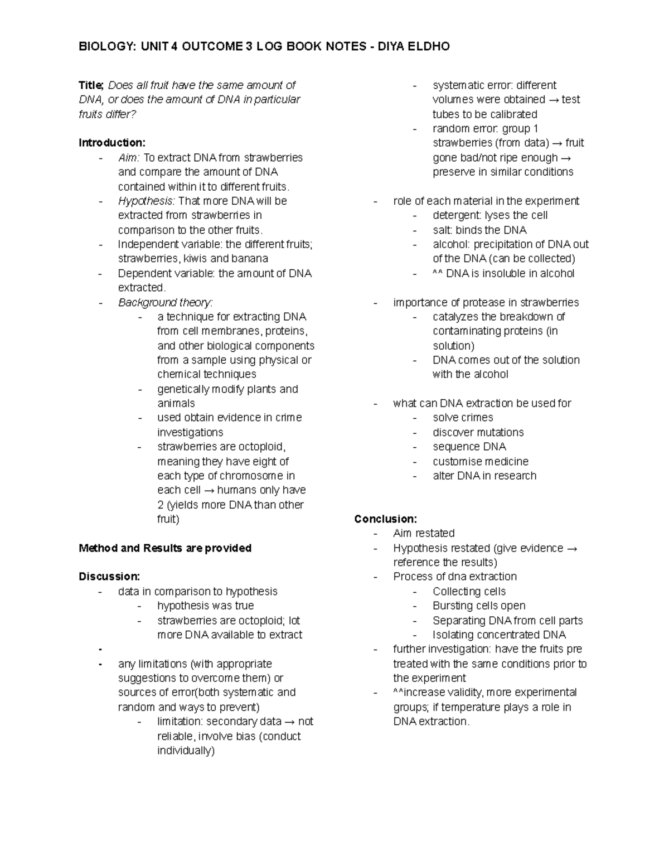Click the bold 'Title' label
90,85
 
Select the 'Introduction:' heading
111,143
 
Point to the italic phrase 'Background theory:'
165,302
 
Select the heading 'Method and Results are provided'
165,548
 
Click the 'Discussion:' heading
109,577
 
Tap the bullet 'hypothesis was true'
205,606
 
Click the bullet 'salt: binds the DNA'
479,230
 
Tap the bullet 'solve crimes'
462,418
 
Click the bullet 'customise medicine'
480,461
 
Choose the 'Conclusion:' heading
385,519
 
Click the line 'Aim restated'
424,533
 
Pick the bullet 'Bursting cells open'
478,606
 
